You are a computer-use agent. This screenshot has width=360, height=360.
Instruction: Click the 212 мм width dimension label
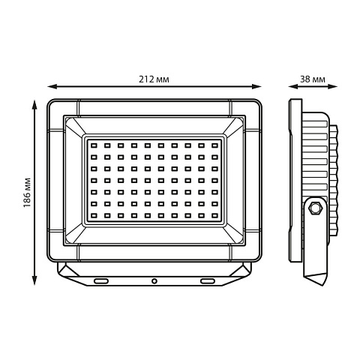[x=154, y=79]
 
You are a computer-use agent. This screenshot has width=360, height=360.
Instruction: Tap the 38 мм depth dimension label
[x=313, y=79]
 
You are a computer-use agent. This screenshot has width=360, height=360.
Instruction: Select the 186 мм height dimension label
[x=27, y=192]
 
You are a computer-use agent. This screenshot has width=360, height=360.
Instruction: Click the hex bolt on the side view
[x=315, y=207]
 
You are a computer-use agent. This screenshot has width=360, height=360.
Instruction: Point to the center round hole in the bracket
[x=154, y=281]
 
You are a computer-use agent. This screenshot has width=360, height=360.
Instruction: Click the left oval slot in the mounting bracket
[x=101, y=281]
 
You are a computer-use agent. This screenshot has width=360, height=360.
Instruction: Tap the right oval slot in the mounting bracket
[x=208, y=281]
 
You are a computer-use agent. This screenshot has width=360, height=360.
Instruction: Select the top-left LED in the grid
[x=94, y=145]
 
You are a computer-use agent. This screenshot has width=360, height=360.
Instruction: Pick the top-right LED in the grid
[x=214, y=145]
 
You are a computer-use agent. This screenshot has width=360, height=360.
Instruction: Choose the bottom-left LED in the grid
[x=94, y=215]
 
